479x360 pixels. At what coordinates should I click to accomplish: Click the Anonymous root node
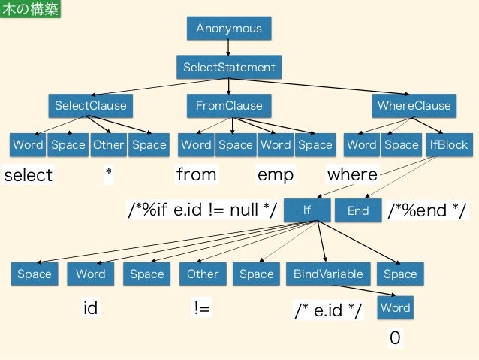click(x=229, y=28)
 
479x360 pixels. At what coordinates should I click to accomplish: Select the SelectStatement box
click(x=229, y=67)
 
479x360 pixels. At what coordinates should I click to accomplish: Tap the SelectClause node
click(x=91, y=105)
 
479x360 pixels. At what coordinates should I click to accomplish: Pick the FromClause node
click(x=229, y=105)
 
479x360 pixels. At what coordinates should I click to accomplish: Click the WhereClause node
click(x=414, y=105)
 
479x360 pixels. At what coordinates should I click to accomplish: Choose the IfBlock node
click(x=448, y=144)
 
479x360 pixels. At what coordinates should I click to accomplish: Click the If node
click(x=306, y=210)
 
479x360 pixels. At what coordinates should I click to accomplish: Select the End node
click(x=358, y=210)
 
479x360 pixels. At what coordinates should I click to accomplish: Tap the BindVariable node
click(x=327, y=274)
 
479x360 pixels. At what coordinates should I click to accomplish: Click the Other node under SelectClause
click(x=108, y=144)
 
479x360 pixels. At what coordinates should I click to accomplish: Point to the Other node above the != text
click(x=202, y=274)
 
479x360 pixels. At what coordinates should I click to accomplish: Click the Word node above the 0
click(x=395, y=307)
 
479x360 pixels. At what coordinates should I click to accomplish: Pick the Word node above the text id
click(x=91, y=274)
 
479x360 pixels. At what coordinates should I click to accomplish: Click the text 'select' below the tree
click(x=29, y=175)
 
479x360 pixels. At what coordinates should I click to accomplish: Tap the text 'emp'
click(x=276, y=175)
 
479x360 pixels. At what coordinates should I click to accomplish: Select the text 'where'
click(x=352, y=175)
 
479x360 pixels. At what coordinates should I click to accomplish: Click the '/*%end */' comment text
click(x=426, y=211)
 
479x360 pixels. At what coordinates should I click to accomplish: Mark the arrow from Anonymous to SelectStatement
click(x=229, y=47)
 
